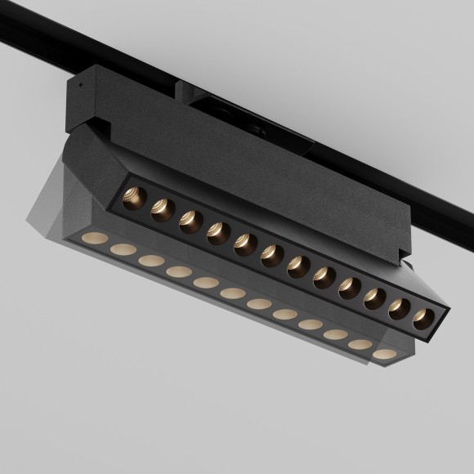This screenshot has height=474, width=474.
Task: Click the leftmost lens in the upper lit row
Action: [x=133, y=198]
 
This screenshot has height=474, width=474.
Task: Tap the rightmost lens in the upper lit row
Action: [x=423, y=319]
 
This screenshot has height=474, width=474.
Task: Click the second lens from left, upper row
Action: [x=161, y=210]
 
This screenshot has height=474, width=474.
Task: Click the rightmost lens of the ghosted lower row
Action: [x=383, y=355]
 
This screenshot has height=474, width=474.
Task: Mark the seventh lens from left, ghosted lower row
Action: [x=257, y=304]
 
